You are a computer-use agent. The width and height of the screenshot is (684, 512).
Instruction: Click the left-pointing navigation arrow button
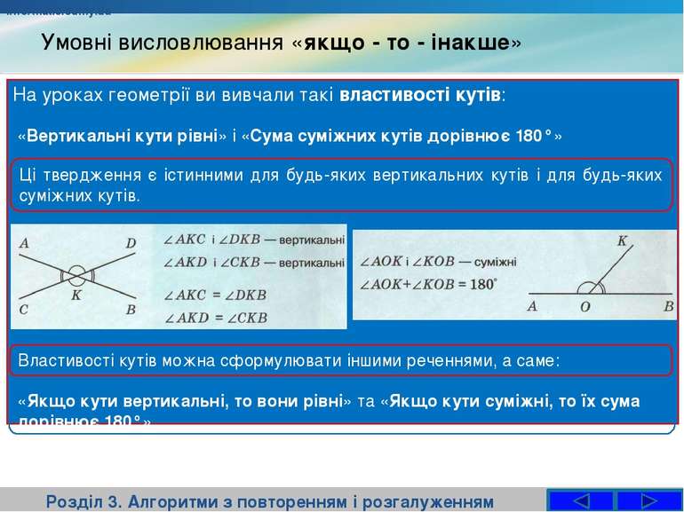[581, 501]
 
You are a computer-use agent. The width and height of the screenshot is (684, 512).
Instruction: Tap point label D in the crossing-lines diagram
[131, 242]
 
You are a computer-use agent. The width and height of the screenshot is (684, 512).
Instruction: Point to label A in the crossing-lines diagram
[23, 242]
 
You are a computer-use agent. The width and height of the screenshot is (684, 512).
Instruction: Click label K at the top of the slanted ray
[622, 240]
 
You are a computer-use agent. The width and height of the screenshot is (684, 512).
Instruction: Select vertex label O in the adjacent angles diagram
[585, 307]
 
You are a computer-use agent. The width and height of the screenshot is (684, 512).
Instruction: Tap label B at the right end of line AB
[668, 306]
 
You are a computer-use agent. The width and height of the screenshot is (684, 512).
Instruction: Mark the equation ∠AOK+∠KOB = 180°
[427, 285]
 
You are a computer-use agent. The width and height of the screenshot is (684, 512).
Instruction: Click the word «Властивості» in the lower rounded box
[61, 361]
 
